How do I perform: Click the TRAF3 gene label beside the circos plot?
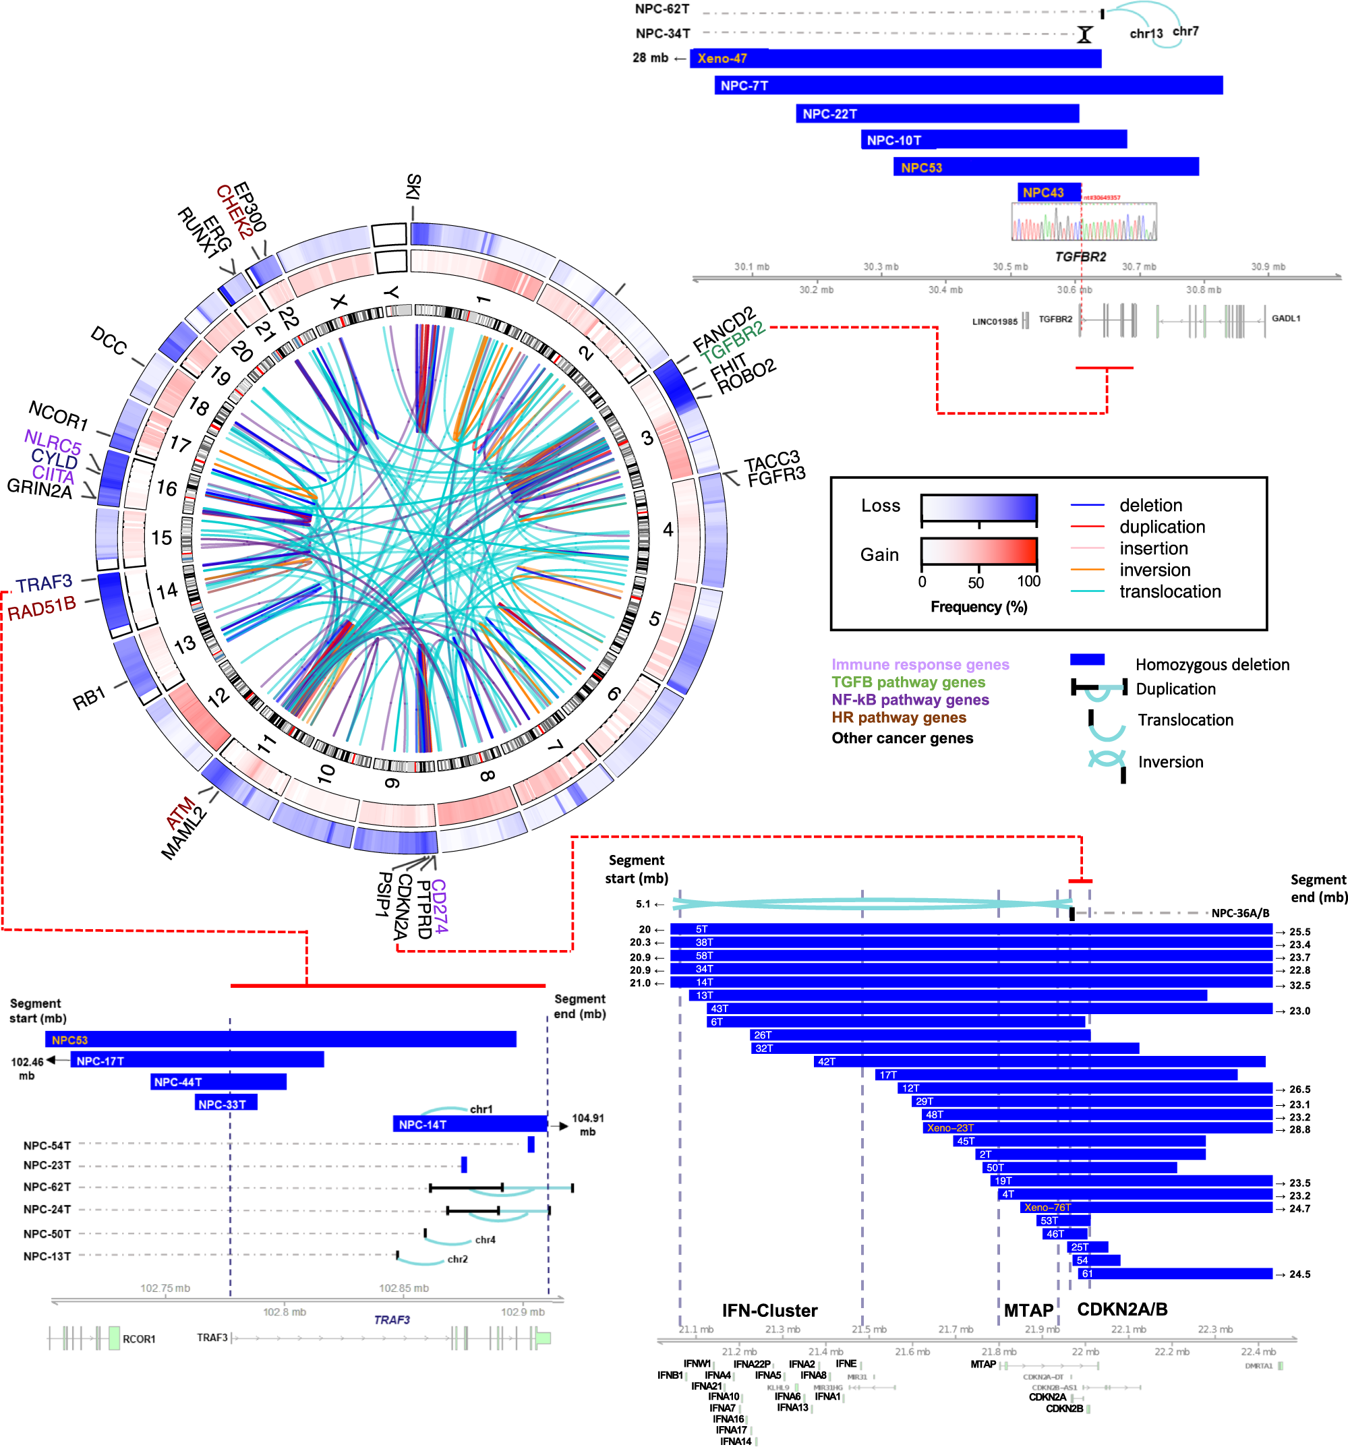pos(45,583)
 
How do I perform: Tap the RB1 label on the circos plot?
pos(90,698)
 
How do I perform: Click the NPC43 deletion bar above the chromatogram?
pos(1048,192)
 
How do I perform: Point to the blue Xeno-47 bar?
pos(895,58)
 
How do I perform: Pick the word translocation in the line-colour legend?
pos(1170,591)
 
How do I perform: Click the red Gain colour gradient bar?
pos(978,551)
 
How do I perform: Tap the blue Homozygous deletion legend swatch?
pos(1087,659)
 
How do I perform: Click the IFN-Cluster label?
pos(769,1310)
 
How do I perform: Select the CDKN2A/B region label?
pos(1121,1309)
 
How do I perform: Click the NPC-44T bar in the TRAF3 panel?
pos(218,1082)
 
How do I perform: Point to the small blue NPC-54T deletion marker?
pos(531,1144)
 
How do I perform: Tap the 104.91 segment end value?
pos(587,1118)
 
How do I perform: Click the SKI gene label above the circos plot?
pos(413,186)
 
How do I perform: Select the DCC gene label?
pos(109,341)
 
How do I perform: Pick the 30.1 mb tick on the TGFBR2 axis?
pos(751,267)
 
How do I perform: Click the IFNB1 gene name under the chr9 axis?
pos(670,1375)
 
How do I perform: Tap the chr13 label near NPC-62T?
pos(1146,34)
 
